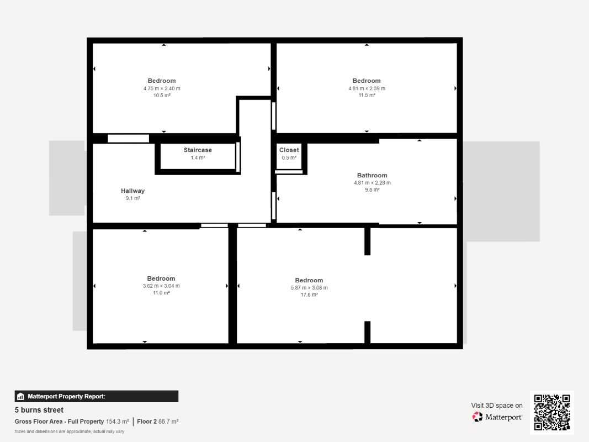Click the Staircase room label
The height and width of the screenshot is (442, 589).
tap(198, 150)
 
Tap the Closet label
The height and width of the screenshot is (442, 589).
tap(289, 150)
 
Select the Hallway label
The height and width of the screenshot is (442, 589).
tap(132, 191)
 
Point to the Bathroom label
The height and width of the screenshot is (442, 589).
tap(372, 176)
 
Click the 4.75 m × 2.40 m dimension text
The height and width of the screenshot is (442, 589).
tap(162, 89)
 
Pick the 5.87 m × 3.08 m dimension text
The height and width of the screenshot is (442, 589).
tap(309, 288)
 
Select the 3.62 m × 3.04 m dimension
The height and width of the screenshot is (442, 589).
tap(161, 286)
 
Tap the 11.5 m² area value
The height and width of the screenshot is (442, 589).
tap(367, 95)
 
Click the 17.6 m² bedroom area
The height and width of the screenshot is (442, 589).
tap(309, 294)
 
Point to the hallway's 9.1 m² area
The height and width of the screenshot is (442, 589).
tap(132, 198)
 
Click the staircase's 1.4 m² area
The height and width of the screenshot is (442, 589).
tap(198, 157)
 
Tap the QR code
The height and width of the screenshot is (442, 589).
tap(552, 412)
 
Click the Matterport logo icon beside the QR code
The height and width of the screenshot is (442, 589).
tap(477, 417)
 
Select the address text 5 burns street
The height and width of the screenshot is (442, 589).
tap(39, 410)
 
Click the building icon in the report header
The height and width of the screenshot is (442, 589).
tap(20, 397)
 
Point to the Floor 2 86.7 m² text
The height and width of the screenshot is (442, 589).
tap(157, 422)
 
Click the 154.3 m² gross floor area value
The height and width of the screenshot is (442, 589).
tap(117, 422)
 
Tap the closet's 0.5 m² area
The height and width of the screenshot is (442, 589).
tap(289, 157)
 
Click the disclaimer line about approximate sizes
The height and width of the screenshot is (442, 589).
tap(69, 432)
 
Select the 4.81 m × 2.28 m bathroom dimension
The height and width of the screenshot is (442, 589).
tap(372, 183)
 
